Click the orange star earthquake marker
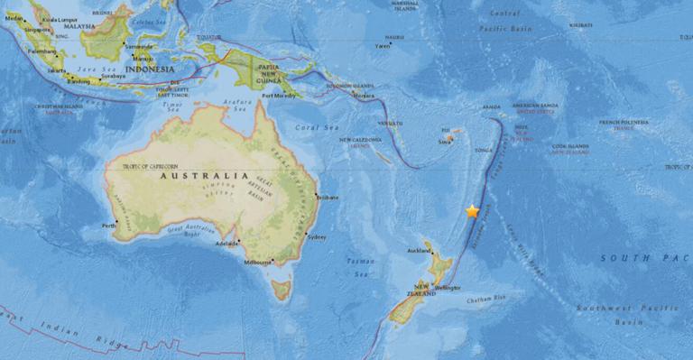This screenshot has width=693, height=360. [472, 211]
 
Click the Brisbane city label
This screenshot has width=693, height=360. [328, 196]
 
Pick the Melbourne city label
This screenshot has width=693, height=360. [258, 262]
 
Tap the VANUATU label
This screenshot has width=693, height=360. [390, 122]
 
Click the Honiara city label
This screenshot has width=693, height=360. [363, 95]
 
